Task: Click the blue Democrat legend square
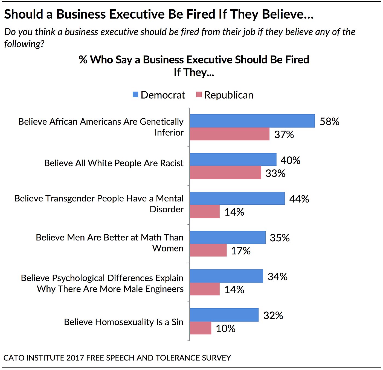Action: pyautogui.click(x=135, y=95)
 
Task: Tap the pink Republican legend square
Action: pyautogui.click(x=199, y=95)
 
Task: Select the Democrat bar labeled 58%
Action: pyautogui.click(x=252, y=121)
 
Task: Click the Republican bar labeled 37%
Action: pyautogui.click(x=229, y=134)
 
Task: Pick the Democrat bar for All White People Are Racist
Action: pyautogui.click(x=233, y=160)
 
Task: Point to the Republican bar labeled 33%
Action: pyautogui.click(x=225, y=173)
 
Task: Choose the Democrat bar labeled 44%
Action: pyautogui.click(x=237, y=198)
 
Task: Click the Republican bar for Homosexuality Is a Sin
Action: pyautogui.click(x=200, y=328)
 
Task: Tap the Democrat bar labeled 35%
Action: pyautogui.click(x=227, y=237)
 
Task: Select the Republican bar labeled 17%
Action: pyautogui.click(x=208, y=250)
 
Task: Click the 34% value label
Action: pyautogui.click(x=277, y=277)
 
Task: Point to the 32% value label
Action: pyautogui.click(x=273, y=315)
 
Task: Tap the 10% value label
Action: pyautogui.click(x=225, y=328)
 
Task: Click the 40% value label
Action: pyautogui.click(x=290, y=160)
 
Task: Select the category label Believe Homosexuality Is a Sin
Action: pyautogui.click(x=123, y=322)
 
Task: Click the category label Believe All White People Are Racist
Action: pyautogui.click(x=114, y=163)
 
